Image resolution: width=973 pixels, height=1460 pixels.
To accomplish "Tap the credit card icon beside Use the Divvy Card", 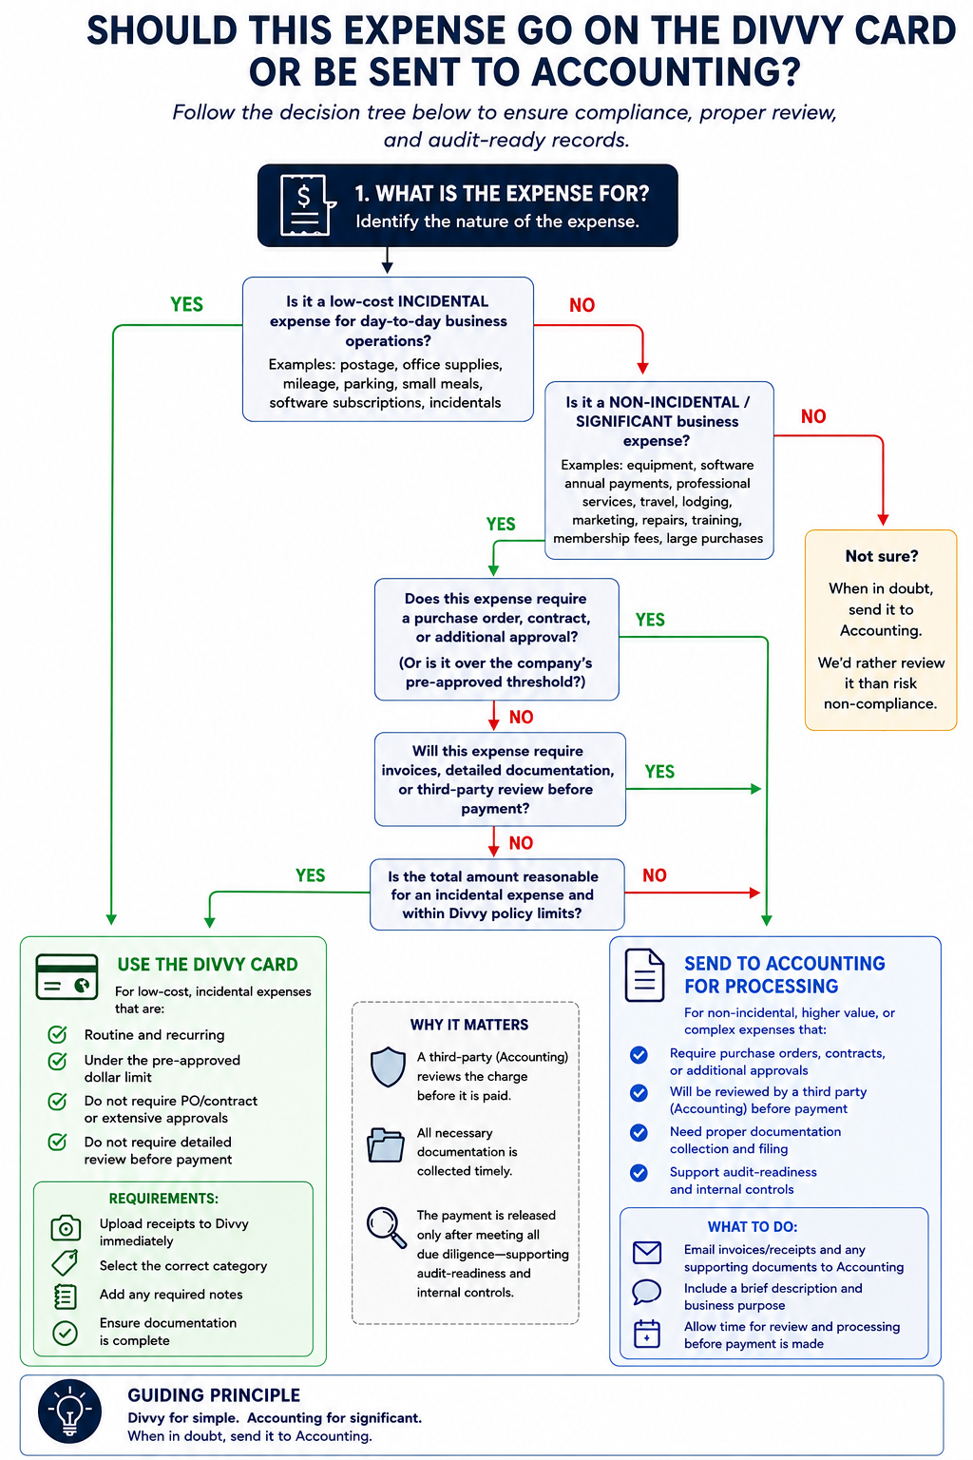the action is tap(67, 977).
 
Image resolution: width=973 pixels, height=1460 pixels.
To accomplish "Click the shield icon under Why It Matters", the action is tap(388, 1067).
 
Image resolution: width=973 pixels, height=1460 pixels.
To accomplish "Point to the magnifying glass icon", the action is tap(387, 1228).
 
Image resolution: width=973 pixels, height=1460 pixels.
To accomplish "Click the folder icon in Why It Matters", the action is tap(386, 1144).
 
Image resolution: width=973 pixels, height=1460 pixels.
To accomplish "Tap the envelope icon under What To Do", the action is tap(646, 1252).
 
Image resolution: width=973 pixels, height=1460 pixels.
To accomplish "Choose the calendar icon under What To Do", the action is tap(646, 1334).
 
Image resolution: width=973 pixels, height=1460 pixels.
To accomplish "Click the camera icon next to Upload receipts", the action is tap(66, 1228).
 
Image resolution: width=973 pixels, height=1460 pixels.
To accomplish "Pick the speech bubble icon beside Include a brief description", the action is tap(646, 1292).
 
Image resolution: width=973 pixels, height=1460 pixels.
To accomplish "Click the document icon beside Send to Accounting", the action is tap(644, 975).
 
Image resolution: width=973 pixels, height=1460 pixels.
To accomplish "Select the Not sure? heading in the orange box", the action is tap(881, 556).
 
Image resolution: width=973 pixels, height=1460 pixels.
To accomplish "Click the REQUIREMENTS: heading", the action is tap(163, 1198).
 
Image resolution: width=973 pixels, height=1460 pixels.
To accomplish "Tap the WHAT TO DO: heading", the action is tap(753, 1227).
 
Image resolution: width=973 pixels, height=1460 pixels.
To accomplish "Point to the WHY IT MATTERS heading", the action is tap(469, 1025).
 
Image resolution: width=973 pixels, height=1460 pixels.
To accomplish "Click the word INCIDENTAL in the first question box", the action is tap(443, 301).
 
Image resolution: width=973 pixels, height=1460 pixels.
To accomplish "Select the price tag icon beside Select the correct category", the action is tap(65, 1262).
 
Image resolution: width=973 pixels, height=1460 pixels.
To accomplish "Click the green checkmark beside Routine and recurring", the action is tap(57, 1034).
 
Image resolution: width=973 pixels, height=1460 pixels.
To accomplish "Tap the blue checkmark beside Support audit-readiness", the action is tap(639, 1173).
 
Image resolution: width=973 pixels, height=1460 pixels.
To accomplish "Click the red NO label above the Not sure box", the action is tap(813, 416).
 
